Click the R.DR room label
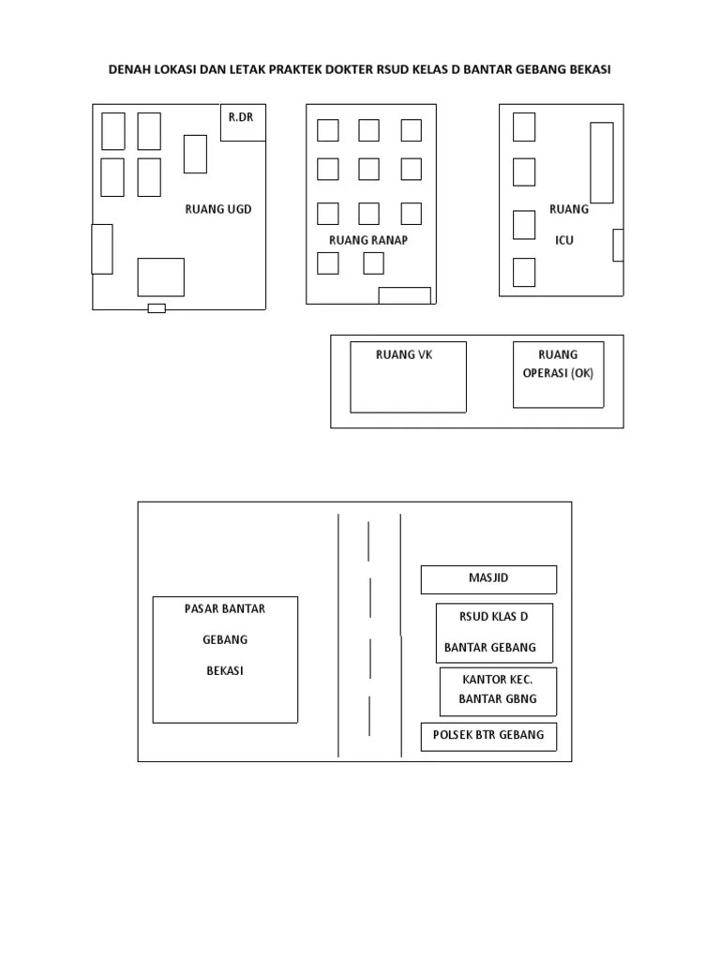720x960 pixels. pyautogui.click(x=241, y=117)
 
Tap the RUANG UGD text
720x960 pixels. pyautogui.click(x=217, y=209)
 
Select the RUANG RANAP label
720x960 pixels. pyautogui.click(x=367, y=240)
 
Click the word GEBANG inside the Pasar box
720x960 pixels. pyautogui.click(x=225, y=639)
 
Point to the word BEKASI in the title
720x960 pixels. pyautogui.click(x=591, y=69)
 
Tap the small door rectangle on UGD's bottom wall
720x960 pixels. pyautogui.click(x=157, y=308)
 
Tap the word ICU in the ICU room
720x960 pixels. pyautogui.click(x=564, y=240)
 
